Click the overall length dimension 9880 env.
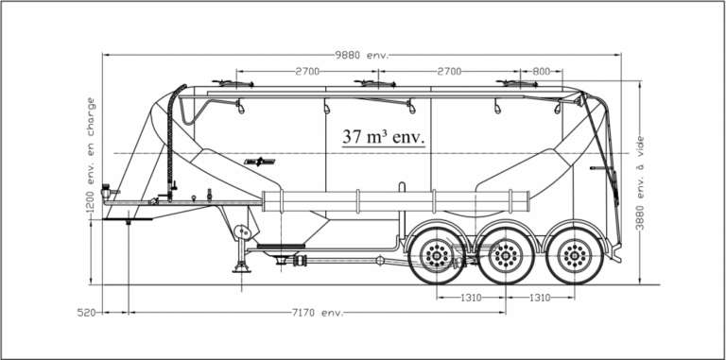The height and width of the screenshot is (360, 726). pyautogui.click(x=362, y=55)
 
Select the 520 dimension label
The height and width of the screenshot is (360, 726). pyautogui.click(x=87, y=313)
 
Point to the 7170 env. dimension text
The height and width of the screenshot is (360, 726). pyautogui.click(x=318, y=313)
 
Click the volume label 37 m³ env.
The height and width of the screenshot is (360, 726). pyautogui.click(x=384, y=137)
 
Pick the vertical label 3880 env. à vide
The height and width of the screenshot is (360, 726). pyautogui.click(x=640, y=182)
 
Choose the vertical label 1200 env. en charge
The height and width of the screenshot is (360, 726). pyautogui.click(x=91, y=154)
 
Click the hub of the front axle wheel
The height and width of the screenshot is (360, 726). pyautogui.click(x=437, y=255)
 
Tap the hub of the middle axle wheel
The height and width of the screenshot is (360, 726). pyautogui.click(x=505, y=255)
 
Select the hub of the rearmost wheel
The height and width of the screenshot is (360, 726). pyautogui.click(x=575, y=255)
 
